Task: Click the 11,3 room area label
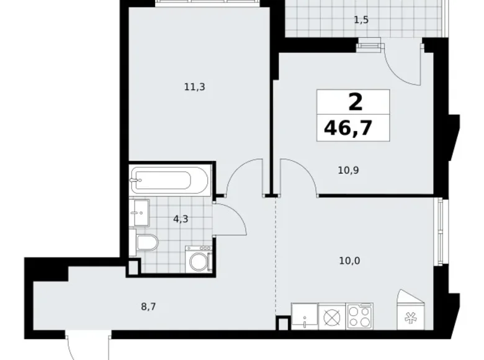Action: [194, 87]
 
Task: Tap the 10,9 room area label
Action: [348, 170]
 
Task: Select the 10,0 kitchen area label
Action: [349, 261]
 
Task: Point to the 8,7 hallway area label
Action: [148, 307]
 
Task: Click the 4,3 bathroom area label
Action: [181, 219]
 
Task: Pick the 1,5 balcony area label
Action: [361, 20]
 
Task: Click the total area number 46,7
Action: [348, 128]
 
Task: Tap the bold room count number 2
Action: [356, 102]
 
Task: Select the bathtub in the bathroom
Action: [169, 180]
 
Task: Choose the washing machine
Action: [199, 259]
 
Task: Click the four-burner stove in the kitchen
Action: [360, 316]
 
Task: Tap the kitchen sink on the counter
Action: [304, 316]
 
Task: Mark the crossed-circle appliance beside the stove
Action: [332, 317]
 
